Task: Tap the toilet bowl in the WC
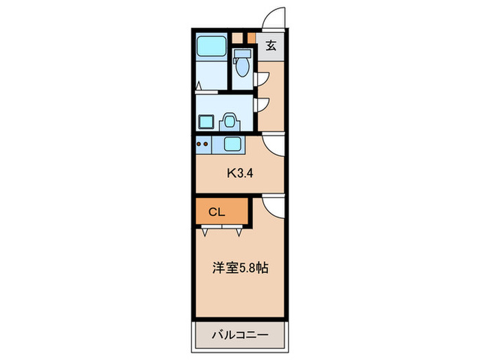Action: [x=240, y=67]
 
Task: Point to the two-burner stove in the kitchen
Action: [x=203, y=144]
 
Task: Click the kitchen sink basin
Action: [x=232, y=144]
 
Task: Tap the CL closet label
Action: [x=217, y=212]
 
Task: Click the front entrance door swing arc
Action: [x=274, y=17]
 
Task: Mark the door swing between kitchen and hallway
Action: [x=272, y=145]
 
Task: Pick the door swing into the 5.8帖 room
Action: [x=272, y=204]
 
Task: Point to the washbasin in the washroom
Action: [x=230, y=121]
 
